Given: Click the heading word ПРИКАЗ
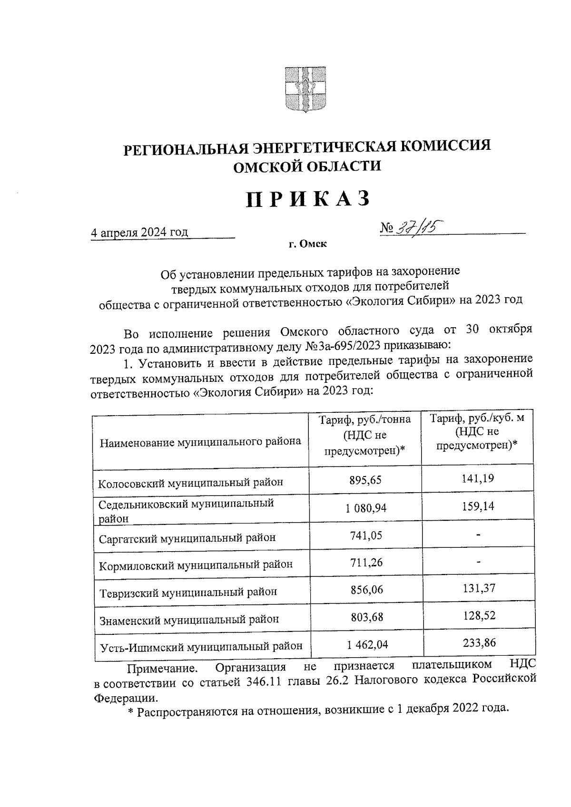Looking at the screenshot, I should pos(308,199).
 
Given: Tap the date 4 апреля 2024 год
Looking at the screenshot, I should pos(139,232).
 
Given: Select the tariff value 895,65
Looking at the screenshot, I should pos(365,480).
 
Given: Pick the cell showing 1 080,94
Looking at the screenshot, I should pos(366,508).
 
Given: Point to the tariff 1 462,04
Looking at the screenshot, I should pos(367,644).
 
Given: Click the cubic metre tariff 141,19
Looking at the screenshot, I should pos(478,478).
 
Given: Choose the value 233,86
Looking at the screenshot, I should pos(479,643).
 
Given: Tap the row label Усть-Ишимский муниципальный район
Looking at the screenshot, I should pos(201,647).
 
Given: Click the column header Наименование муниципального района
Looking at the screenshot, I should pos(200,442).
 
